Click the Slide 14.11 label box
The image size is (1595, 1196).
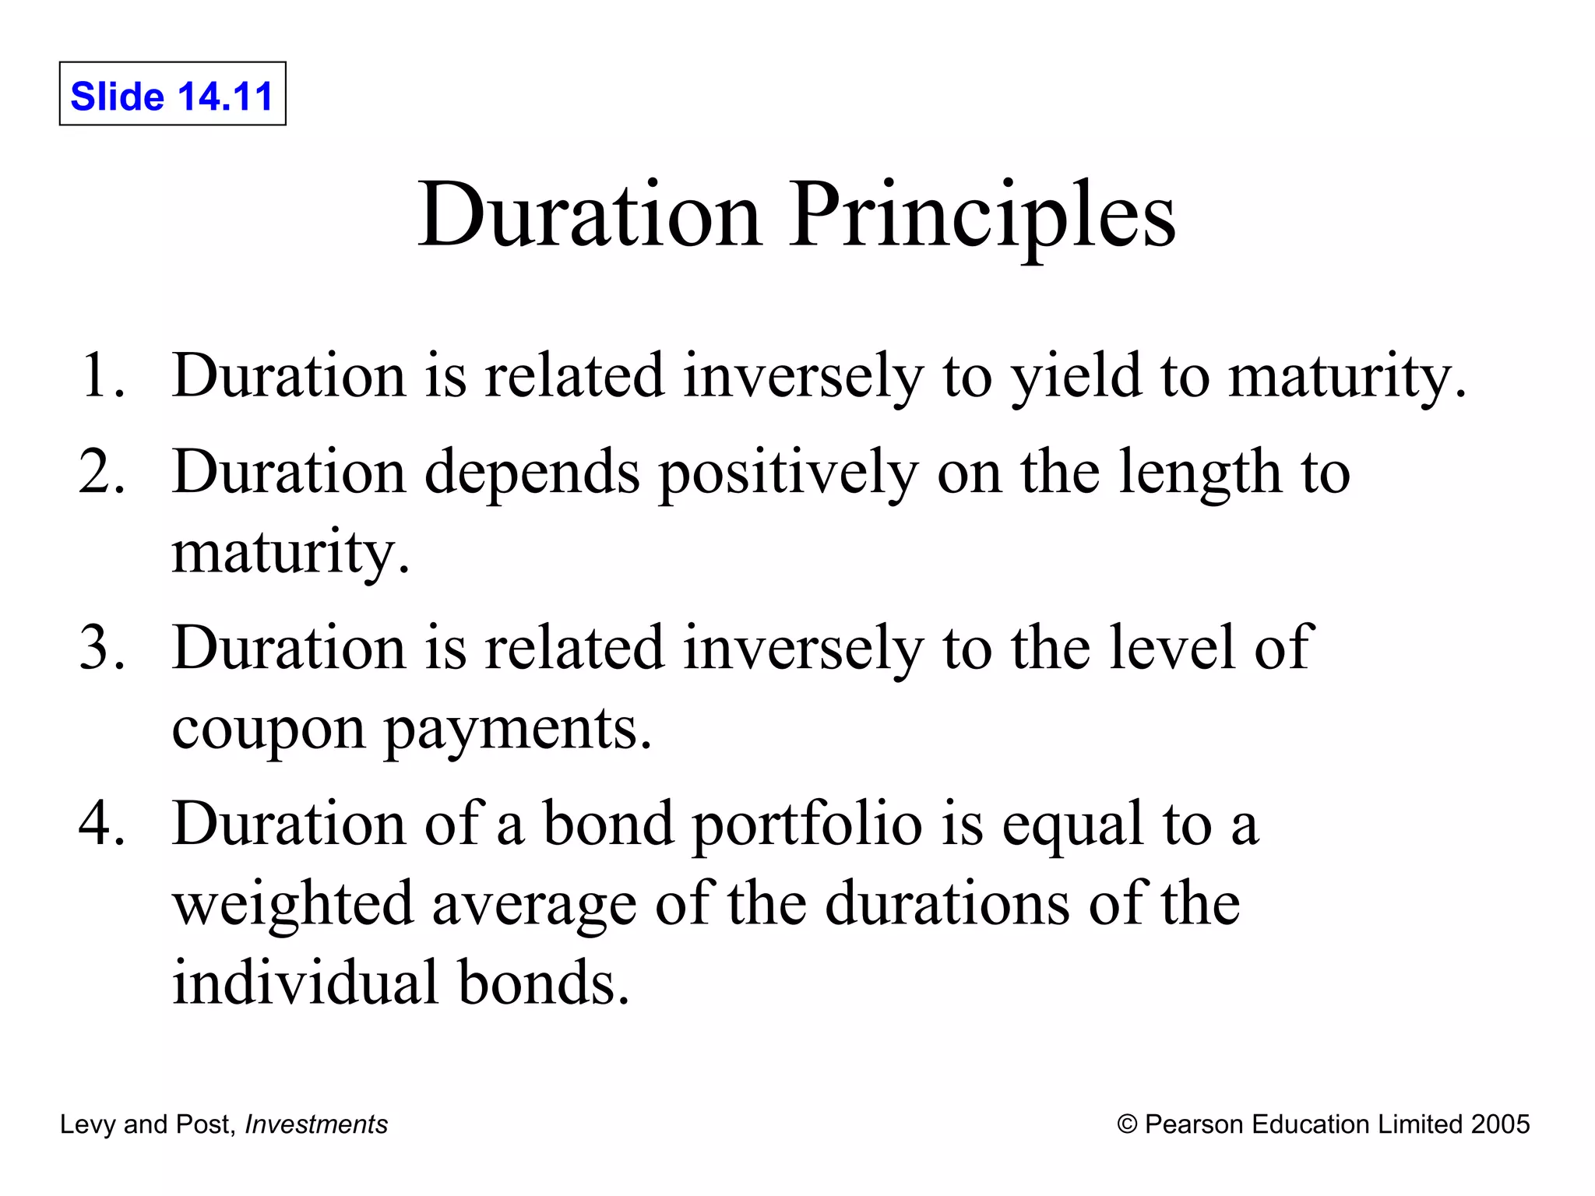click(x=172, y=94)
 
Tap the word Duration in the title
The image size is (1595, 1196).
click(x=589, y=214)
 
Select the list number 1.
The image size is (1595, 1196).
click(x=102, y=376)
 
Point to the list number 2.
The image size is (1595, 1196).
click(x=102, y=472)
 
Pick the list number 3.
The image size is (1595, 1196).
click(x=102, y=648)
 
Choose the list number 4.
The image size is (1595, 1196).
click(x=102, y=824)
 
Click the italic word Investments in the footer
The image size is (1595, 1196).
click(x=315, y=1124)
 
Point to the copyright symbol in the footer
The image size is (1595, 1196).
click(x=1127, y=1124)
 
